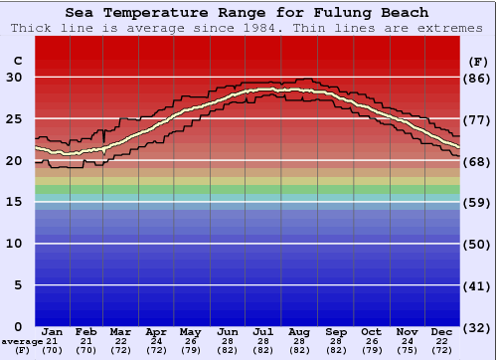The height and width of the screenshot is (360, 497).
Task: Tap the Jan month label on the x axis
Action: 53,331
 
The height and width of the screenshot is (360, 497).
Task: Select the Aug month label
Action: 299,331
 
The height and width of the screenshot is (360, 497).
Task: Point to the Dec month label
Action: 442,331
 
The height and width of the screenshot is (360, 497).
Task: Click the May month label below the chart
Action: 189,331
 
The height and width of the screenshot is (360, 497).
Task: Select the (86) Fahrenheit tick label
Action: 477,78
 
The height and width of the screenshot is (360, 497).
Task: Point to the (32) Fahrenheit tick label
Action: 477,327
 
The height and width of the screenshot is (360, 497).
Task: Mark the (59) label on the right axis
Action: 477,202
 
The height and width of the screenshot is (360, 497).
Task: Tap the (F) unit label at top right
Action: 477,61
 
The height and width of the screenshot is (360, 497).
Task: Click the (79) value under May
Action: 189,350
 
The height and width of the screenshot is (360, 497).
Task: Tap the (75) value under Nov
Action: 407,350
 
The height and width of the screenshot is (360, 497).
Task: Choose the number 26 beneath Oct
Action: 371,341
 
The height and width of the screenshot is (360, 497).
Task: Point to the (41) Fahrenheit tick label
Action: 477,285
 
